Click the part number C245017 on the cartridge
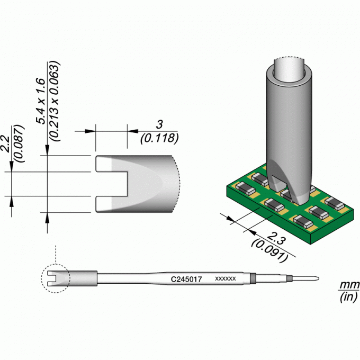pos(186,279)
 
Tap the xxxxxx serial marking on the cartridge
pos(225,278)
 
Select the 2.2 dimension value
pos(5,145)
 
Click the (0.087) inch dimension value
pos(19,143)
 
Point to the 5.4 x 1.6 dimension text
pos(41,101)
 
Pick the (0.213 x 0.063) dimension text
pos(55,101)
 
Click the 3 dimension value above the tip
pos(159,124)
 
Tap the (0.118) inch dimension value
pos(159,139)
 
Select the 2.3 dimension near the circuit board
pos(277,238)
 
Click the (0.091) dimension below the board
pos(269,250)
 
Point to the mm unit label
pos(349,285)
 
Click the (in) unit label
pos(348,297)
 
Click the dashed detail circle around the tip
pos(41,278)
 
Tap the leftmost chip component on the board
pos(245,188)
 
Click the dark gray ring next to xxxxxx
pos(253,278)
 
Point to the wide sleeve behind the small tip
pos(83,278)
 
